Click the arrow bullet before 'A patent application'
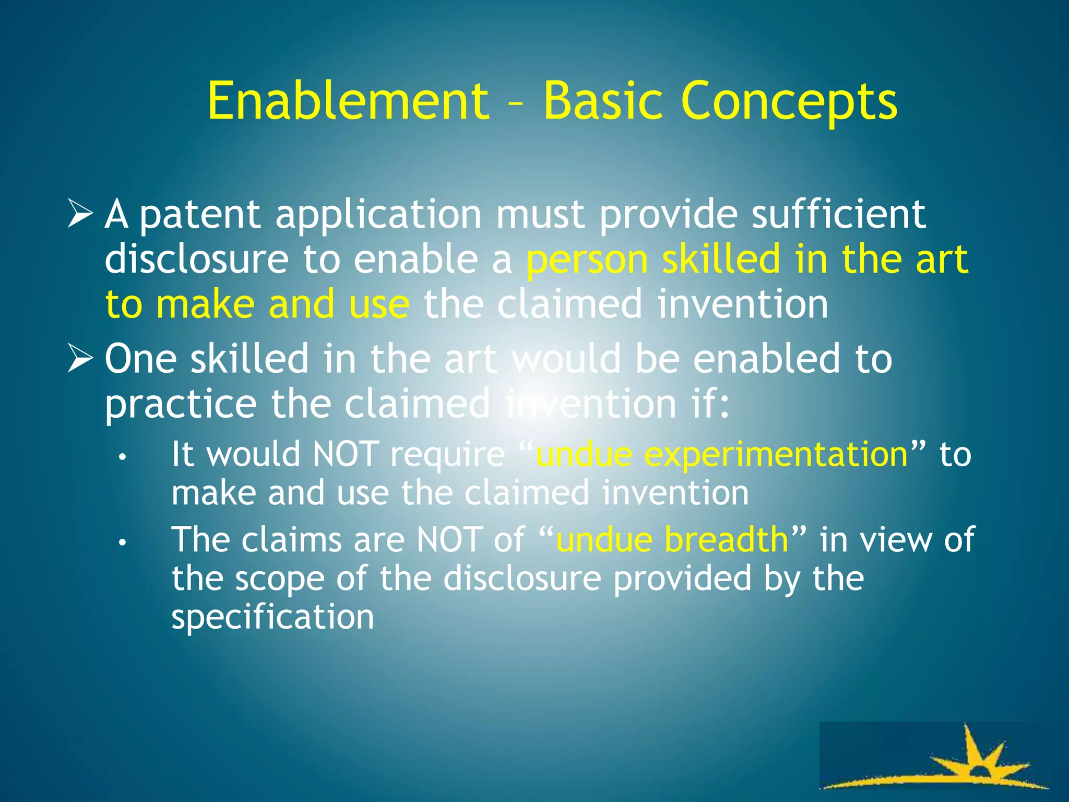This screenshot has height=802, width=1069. [x=80, y=215]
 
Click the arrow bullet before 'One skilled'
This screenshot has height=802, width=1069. [x=80, y=360]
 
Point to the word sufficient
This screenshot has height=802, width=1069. [x=838, y=214]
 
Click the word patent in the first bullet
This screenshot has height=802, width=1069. [x=200, y=215]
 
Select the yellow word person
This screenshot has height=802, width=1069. [x=587, y=260]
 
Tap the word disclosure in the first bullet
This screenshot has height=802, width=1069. [x=196, y=260]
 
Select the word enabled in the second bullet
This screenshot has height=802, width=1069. [x=766, y=359]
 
